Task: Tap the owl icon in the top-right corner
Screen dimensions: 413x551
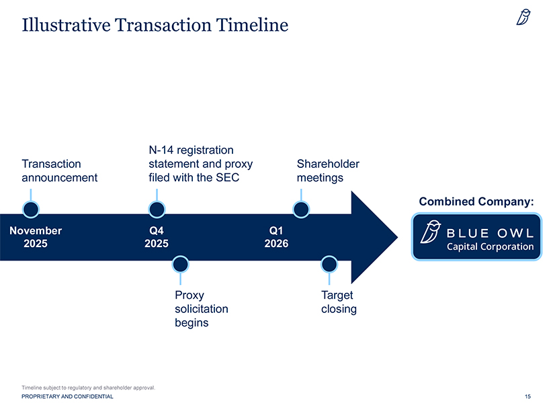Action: tap(523, 17)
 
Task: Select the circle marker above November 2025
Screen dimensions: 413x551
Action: tap(30, 210)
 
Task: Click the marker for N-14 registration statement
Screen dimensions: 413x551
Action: tap(157, 210)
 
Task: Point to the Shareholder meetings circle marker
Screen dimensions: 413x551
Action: tap(301, 210)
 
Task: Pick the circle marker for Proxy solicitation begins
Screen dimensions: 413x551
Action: tap(179, 264)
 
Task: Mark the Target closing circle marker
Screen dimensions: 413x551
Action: tap(329, 264)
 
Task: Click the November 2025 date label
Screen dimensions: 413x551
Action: tap(36, 237)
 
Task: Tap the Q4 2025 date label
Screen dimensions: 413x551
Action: tap(157, 237)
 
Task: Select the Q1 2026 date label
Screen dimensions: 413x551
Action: tap(276, 237)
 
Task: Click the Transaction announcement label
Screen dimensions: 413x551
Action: tap(59, 171)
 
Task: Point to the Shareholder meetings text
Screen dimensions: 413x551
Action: tap(327, 171)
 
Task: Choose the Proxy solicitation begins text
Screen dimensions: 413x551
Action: tap(201, 309)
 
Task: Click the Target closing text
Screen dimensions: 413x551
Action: tap(338, 302)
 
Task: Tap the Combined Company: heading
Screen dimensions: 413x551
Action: tap(476, 201)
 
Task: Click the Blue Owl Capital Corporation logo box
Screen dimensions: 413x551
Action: tap(476, 236)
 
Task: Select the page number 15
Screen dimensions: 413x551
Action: tap(527, 397)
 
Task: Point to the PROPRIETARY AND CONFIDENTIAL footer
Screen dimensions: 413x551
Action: tap(67, 397)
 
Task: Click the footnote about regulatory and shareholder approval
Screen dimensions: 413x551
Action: tap(88, 388)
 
